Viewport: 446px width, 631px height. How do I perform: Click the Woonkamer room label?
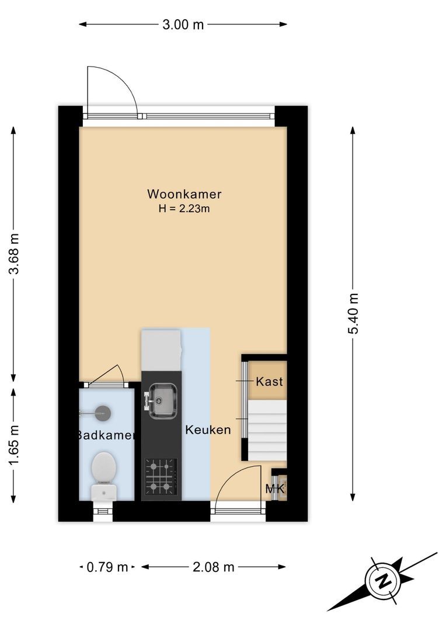tap(184, 194)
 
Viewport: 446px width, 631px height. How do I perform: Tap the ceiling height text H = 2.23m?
tap(184, 209)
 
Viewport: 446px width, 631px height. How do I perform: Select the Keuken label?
tap(208, 430)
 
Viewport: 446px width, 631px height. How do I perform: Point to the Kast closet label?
tap(269, 382)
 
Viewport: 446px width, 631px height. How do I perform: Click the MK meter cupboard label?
tap(275, 488)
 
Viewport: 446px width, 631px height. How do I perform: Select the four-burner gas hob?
tap(161, 476)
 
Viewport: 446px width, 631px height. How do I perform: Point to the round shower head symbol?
tap(103, 412)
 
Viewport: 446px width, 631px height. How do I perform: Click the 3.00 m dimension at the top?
tap(183, 25)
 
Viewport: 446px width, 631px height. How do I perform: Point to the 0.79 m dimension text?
tap(107, 567)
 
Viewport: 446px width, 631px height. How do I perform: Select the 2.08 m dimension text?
tap(213, 567)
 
